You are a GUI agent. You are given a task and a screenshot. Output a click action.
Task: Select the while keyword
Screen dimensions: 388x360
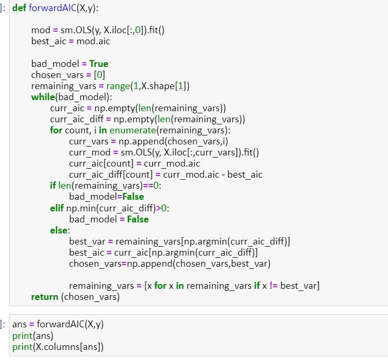pos(42,97)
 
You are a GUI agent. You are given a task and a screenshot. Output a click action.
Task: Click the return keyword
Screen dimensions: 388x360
pos(44,297)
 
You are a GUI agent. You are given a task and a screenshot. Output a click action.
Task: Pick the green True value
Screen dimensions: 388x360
pos(99,64)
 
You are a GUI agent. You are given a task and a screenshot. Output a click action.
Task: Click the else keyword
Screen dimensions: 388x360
pos(59,230)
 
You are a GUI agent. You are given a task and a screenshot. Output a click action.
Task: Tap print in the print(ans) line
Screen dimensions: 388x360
pos(23,336)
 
